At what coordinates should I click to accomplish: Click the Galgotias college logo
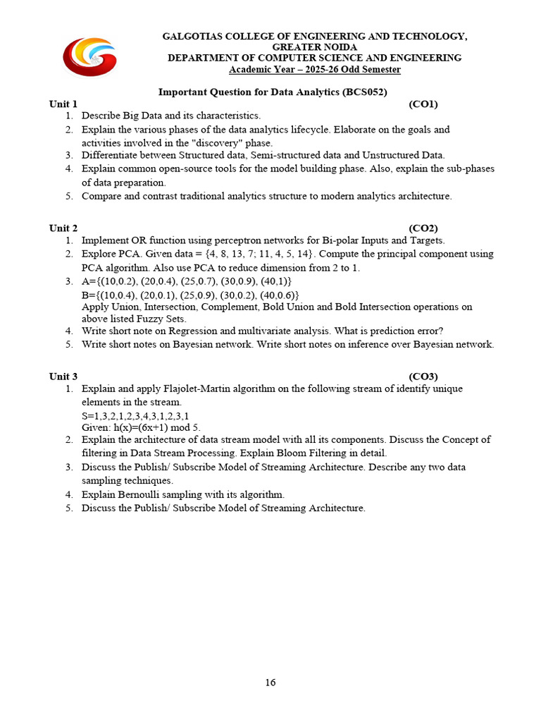point(89,56)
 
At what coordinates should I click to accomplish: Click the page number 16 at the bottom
point(270,682)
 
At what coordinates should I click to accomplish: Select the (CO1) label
point(423,104)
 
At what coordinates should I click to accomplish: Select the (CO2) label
point(423,228)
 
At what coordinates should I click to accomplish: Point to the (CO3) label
point(423,377)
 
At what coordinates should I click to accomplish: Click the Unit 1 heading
point(63,104)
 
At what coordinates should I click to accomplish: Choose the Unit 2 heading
point(63,228)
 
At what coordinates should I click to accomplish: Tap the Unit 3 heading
point(63,377)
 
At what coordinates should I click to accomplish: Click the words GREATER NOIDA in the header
point(314,47)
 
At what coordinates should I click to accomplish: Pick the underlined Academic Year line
point(314,70)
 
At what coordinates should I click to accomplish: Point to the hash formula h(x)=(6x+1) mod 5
point(141,427)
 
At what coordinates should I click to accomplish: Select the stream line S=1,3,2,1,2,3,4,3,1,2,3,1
point(135,416)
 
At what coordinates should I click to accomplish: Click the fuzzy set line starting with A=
point(187,281)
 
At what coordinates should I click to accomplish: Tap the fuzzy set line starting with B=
point(189,294)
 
